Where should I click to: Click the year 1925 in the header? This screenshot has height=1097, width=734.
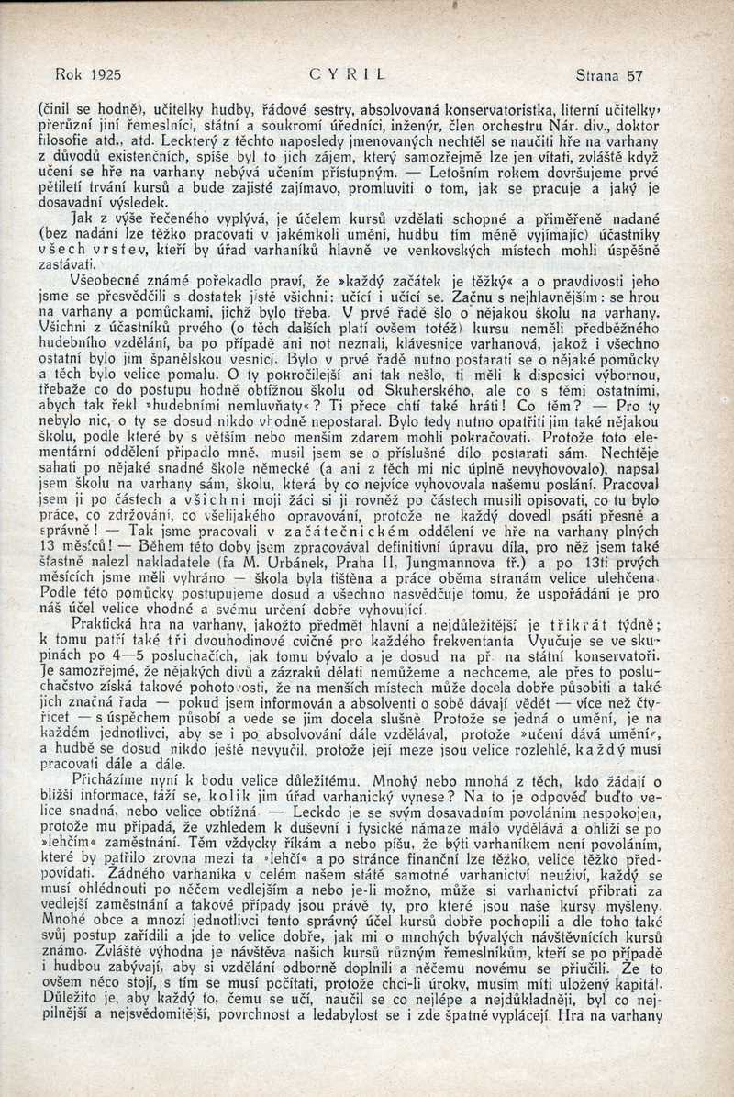click(104, 76)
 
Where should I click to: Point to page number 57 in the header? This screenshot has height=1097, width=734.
click(633, 76)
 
